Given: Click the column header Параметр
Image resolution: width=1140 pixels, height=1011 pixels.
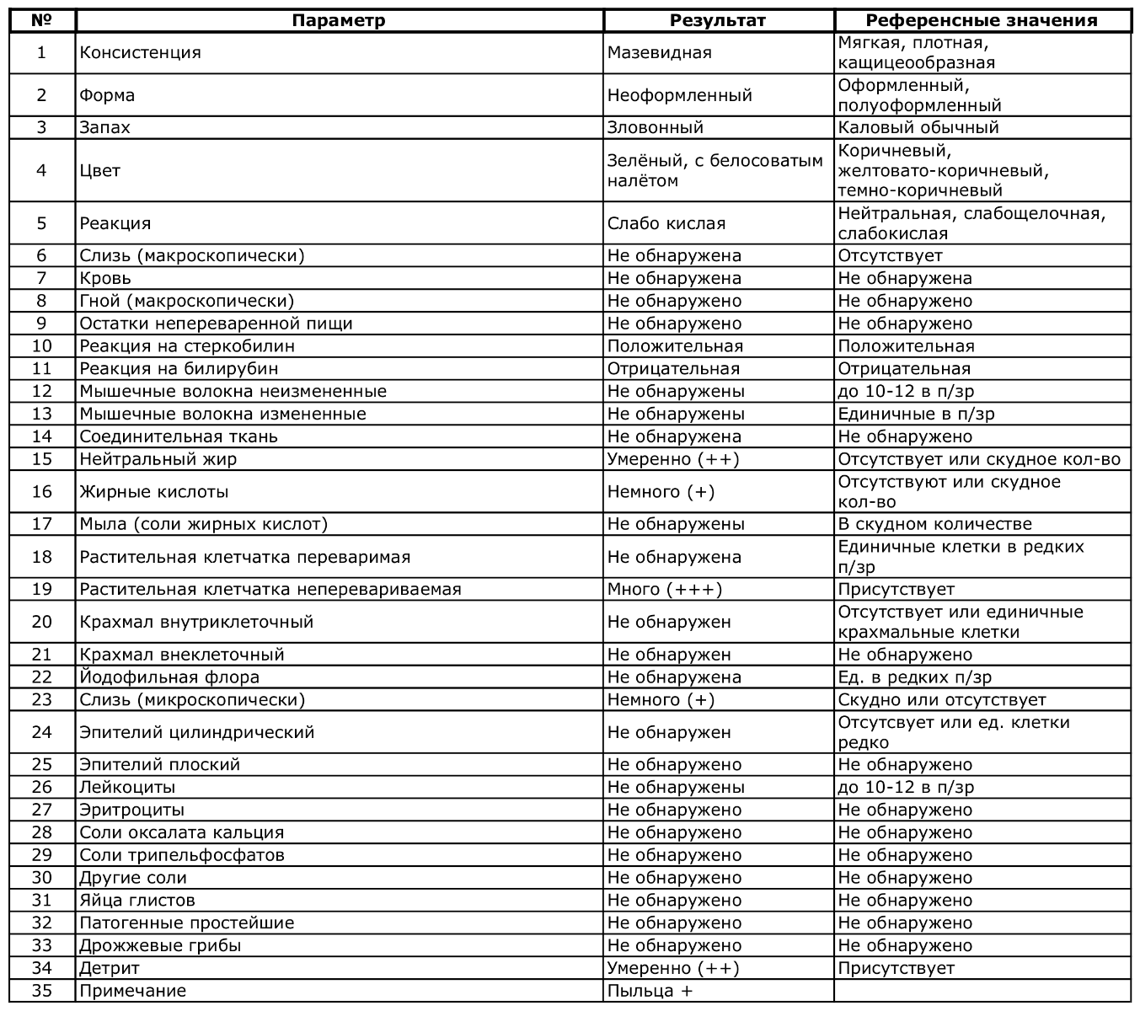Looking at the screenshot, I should [339, 21].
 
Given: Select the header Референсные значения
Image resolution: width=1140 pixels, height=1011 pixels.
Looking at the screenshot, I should [982, 21].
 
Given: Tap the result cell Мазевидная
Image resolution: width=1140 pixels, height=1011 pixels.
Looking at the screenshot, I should [660, 53].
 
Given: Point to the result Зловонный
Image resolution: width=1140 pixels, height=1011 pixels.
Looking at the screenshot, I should [656, 128].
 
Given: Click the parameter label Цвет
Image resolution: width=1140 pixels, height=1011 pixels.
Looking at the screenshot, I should [100, 171].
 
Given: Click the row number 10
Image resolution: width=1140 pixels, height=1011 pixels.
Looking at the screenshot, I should [42, 346].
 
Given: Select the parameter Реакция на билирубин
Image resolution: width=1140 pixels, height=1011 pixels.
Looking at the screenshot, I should [179, 369].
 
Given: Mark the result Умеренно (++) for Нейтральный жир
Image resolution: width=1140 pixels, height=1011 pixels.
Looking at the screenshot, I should [673, 459].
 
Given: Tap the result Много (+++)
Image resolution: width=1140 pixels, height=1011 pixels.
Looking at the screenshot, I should [665, 590].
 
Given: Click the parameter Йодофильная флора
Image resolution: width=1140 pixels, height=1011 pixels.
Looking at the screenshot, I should [169, 677].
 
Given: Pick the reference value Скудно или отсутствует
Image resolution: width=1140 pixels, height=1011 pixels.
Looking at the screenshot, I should [942, 700].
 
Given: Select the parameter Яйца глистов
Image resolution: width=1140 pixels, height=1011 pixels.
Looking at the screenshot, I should [137, 901].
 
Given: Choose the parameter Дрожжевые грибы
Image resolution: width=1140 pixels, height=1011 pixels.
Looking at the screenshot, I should [160, 946].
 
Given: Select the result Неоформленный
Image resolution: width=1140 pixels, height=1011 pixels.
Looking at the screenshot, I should [680, 96].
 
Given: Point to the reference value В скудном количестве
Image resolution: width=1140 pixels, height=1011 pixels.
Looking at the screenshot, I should [934, 525].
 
